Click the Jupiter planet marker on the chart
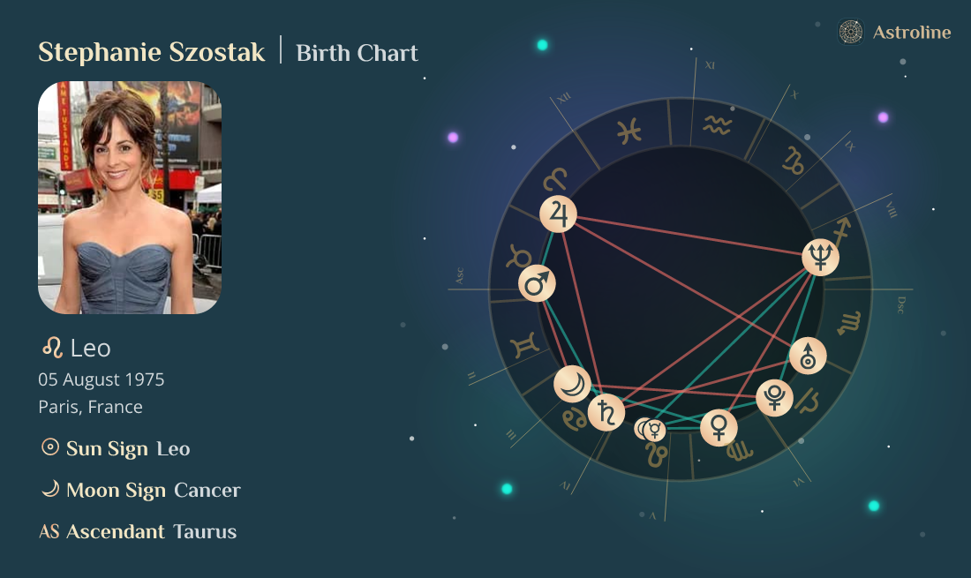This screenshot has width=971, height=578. (x=558, y=214)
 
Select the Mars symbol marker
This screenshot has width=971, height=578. (x=537, y=283)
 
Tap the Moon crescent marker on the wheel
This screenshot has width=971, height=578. (x=572, y=384)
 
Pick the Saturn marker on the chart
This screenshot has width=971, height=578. (x=606, y=412)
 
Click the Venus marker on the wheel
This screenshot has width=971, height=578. (x=719, y=427)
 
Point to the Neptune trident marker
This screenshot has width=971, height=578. (x=820, y=256)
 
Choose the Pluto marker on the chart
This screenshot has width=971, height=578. (x=774, y=398)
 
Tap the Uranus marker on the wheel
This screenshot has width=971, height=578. (x=808, y=356)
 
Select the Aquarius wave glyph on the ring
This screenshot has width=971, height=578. (x=717, y=126)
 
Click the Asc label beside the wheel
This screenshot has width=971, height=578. (x=459, y=276)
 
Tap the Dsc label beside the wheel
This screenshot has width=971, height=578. (x=900, y=304)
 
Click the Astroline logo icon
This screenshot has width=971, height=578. (x=850, y=33)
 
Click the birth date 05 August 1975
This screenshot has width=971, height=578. (x=101, y=379)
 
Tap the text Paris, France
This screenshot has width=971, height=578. (x=90, y=407)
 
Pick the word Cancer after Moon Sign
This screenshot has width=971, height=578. (x=207, y=490)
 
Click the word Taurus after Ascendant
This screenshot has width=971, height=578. (x=205, y=531)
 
